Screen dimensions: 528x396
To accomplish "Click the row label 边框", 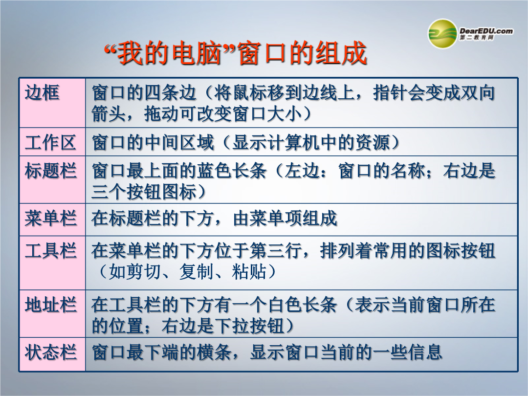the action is tap(42, 92).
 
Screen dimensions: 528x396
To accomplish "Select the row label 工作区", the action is tap(50, 142).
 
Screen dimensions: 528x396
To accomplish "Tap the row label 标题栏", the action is tap(50, 171).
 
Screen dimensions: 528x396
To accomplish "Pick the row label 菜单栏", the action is tap(50, 218).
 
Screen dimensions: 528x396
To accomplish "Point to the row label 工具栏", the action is tap(50, 250).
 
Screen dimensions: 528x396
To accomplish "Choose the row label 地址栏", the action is tap(50, 305).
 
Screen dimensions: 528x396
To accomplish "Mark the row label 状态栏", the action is tap(50, 352).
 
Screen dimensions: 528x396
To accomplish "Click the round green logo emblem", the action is tap(442, 34).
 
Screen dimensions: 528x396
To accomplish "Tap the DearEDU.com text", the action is tap(486, 31).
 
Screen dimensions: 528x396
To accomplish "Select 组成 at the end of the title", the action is tap(341, 53).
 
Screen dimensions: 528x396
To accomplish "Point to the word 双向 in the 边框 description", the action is tap(478, 93).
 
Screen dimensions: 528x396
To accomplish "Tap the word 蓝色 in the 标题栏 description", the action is tap(215, 171).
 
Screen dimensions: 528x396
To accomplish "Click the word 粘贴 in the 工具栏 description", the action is tap(249, 272).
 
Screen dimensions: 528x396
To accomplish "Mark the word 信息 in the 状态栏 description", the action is tap(425, 352).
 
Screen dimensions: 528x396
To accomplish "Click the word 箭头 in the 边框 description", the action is tap(109, 114).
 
